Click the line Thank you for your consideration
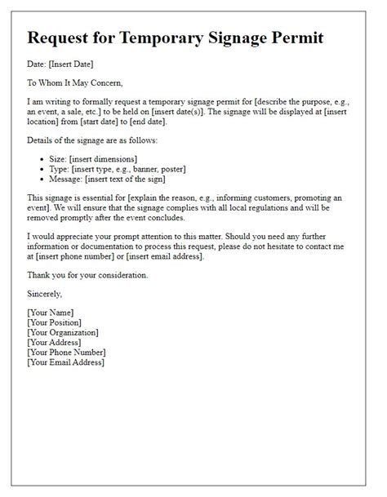[x=87, y=275]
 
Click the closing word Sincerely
[x=45, y=294]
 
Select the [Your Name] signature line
[x=51, y=313]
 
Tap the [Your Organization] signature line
[x=63, y=333]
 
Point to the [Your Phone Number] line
[x=68, y=353]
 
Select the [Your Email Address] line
[x=66, y=362]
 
